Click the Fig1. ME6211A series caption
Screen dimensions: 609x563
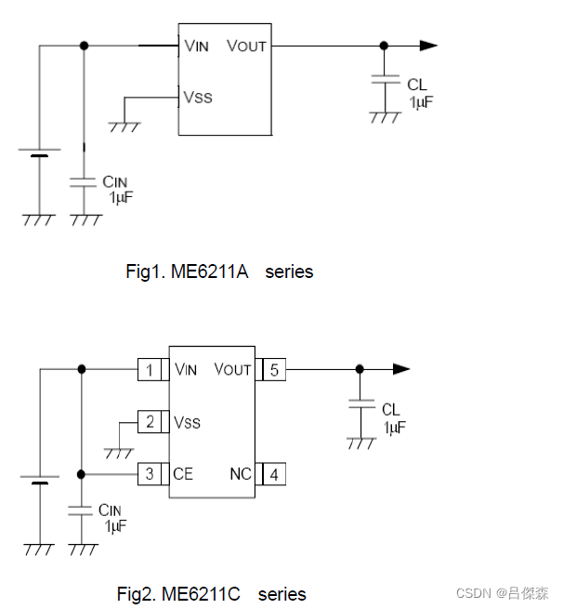tap(219, 271)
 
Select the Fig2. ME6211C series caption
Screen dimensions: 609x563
tap(211, 593)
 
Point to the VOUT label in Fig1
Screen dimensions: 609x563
tap(246, 46)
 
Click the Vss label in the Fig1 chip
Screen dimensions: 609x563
tap(198, 97)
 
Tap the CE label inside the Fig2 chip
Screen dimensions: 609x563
tap(183, 474)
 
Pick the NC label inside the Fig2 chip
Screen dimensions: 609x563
tap(241, 474)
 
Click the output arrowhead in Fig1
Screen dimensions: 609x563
tap(427, 45)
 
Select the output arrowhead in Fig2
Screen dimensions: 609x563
tap(400, 369)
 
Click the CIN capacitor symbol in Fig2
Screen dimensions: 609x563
tap(82, 510)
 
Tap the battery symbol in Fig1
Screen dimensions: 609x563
tap(39, 152)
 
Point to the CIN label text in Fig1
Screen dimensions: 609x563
tap(114, 183)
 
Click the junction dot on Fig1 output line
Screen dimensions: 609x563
tap(384, 45)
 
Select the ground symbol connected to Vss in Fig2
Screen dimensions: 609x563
tap(119, 452)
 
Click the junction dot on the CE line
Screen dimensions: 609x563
tap(82, 474)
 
